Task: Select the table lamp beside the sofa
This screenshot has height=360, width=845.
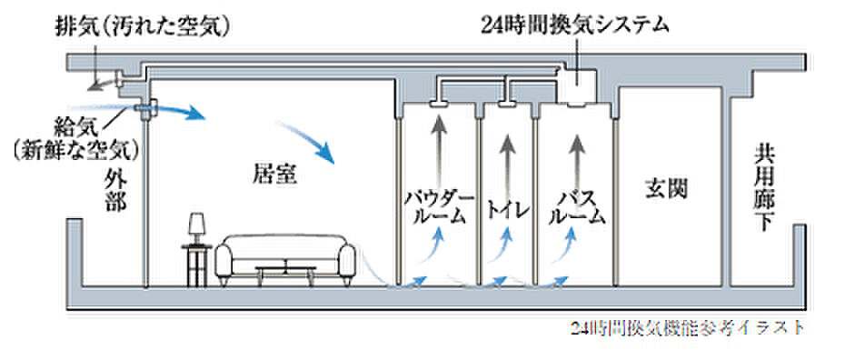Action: coord(196,227)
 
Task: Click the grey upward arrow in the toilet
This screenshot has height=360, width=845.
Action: coord(507,150)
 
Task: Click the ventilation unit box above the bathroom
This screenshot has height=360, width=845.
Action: coord(577,85)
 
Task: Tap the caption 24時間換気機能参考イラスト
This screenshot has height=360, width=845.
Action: coord(688,328)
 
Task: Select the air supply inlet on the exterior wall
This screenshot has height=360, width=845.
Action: coord(145,109)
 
